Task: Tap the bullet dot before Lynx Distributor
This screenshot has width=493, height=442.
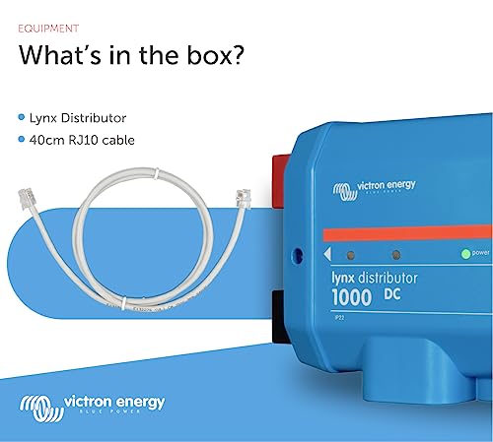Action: [x=22, y=117]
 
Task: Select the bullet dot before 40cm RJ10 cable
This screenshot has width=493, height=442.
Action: [x=22, y=140]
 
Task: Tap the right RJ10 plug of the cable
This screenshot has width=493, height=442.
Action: [x=240, y=196]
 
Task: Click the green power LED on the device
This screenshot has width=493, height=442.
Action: [x=465, y=253]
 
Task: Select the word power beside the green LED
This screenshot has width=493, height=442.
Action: [x=481, y=254]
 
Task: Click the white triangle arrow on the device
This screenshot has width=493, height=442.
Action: [x=326, y=254]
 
